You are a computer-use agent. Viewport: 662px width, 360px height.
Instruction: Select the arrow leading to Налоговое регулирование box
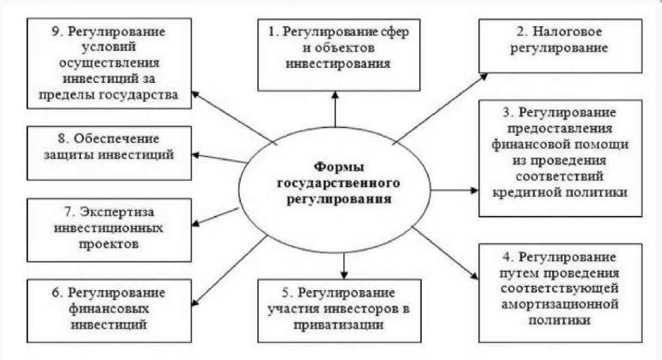pyautogui.click(x=439, y=103)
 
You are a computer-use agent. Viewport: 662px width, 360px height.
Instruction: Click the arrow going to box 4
pyautogui.click(x=442, y=253)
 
